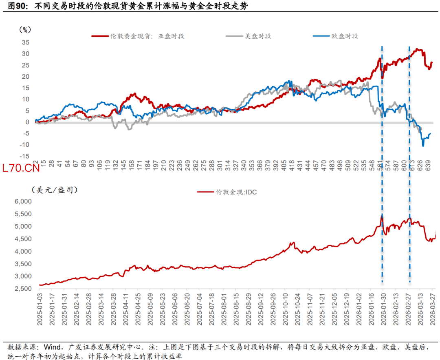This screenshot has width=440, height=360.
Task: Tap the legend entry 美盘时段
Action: point(257,36)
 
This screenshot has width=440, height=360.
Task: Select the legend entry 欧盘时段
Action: point(344,36)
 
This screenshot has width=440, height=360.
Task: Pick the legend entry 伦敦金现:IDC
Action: point(236,192)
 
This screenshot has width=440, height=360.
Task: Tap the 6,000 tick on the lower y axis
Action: point(23,201)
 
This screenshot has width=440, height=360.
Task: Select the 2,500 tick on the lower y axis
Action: point(23,289)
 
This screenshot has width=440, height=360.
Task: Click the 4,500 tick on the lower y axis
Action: point(23,239)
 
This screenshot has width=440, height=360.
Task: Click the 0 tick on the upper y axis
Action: point(27,122)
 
